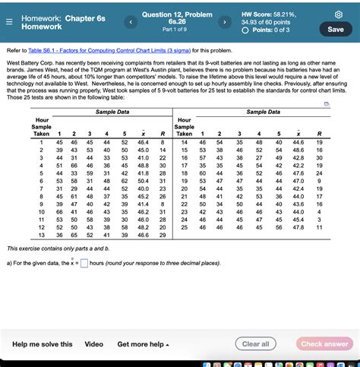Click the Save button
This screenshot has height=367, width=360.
[x=335, y=29]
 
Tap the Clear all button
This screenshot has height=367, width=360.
[x=255, y=343]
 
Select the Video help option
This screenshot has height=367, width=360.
[x=94, y=344]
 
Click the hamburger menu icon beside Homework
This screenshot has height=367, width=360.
[x=8, y=21]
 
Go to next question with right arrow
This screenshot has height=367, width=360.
[x=224, y=22]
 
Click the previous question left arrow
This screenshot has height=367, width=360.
[x=131, y=22]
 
